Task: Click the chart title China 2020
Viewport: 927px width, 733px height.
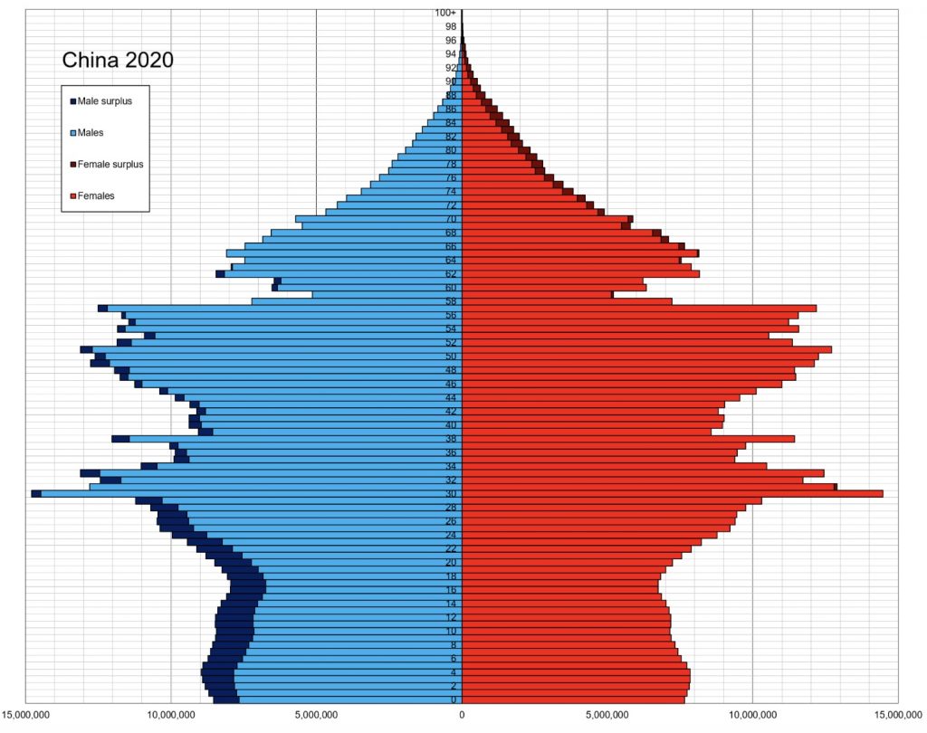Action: point(118,61)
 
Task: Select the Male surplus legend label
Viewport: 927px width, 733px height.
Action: point(104,100)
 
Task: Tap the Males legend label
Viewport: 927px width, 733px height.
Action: point(91,133)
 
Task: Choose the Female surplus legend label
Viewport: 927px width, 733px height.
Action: point(110,164)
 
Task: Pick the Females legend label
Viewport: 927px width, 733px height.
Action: point(96,195)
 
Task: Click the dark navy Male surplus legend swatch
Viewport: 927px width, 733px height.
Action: point(72,100)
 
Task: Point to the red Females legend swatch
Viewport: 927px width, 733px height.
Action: point(72,195)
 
